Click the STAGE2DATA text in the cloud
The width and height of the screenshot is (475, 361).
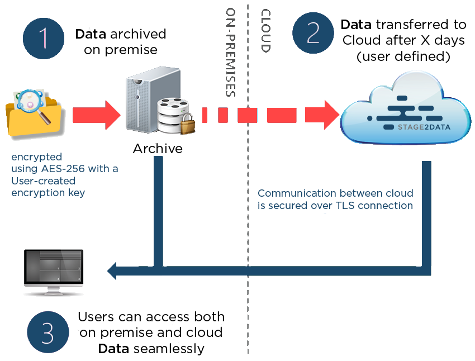click(x=424, y=127)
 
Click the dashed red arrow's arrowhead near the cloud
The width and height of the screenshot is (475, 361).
click(x=329, y=115)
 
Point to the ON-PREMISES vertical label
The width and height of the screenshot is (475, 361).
click(x=231, y=53)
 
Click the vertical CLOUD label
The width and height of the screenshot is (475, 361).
click(x=266, y=31)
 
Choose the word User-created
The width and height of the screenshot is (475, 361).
click(x=43, y=180)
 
